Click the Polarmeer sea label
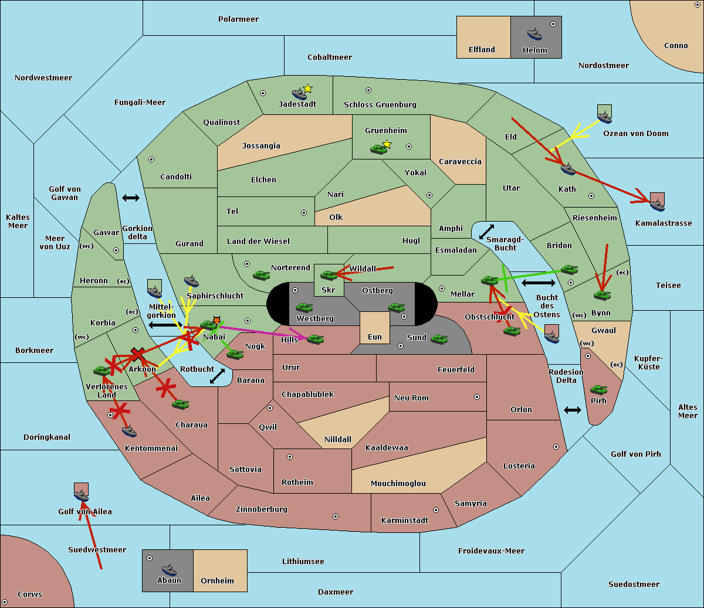[238, 19]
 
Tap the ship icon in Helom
[534, 33]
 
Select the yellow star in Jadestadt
[307, 89]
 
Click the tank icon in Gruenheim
[378, 149]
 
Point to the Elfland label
[482, 50]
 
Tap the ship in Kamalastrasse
[657, 203]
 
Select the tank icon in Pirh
[598, 389]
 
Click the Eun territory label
[375, 337]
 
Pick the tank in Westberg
[304, 307]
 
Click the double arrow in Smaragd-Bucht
[486, 232]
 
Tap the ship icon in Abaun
[169, 569]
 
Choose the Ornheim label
[217, 581]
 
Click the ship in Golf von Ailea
[81, 495]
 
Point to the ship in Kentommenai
[129, 432]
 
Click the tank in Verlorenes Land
[101, 371]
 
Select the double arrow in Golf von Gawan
[130, 198]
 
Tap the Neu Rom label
[411, 398]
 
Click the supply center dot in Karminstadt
[436, 510]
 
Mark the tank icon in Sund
[439, 339]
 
